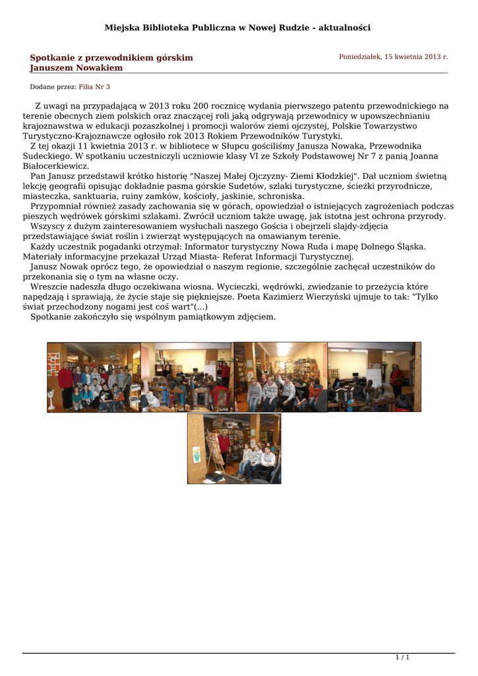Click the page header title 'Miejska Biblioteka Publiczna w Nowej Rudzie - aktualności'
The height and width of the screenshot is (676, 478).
tap(237, 28)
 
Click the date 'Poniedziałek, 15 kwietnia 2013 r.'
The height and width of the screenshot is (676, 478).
tap(393, 57)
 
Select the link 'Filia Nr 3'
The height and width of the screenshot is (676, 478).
tap(94, 86)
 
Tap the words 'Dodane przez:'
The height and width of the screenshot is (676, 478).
tap(53, 86)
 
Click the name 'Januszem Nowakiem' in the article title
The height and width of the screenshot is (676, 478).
tap(76, 68)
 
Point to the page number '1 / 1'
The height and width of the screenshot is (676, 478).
tap(402, 657)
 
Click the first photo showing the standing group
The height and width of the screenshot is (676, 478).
tap(94, 377)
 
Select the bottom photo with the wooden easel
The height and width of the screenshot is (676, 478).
tap(234, 448)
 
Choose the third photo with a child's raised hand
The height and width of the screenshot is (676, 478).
tap(280, 377)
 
